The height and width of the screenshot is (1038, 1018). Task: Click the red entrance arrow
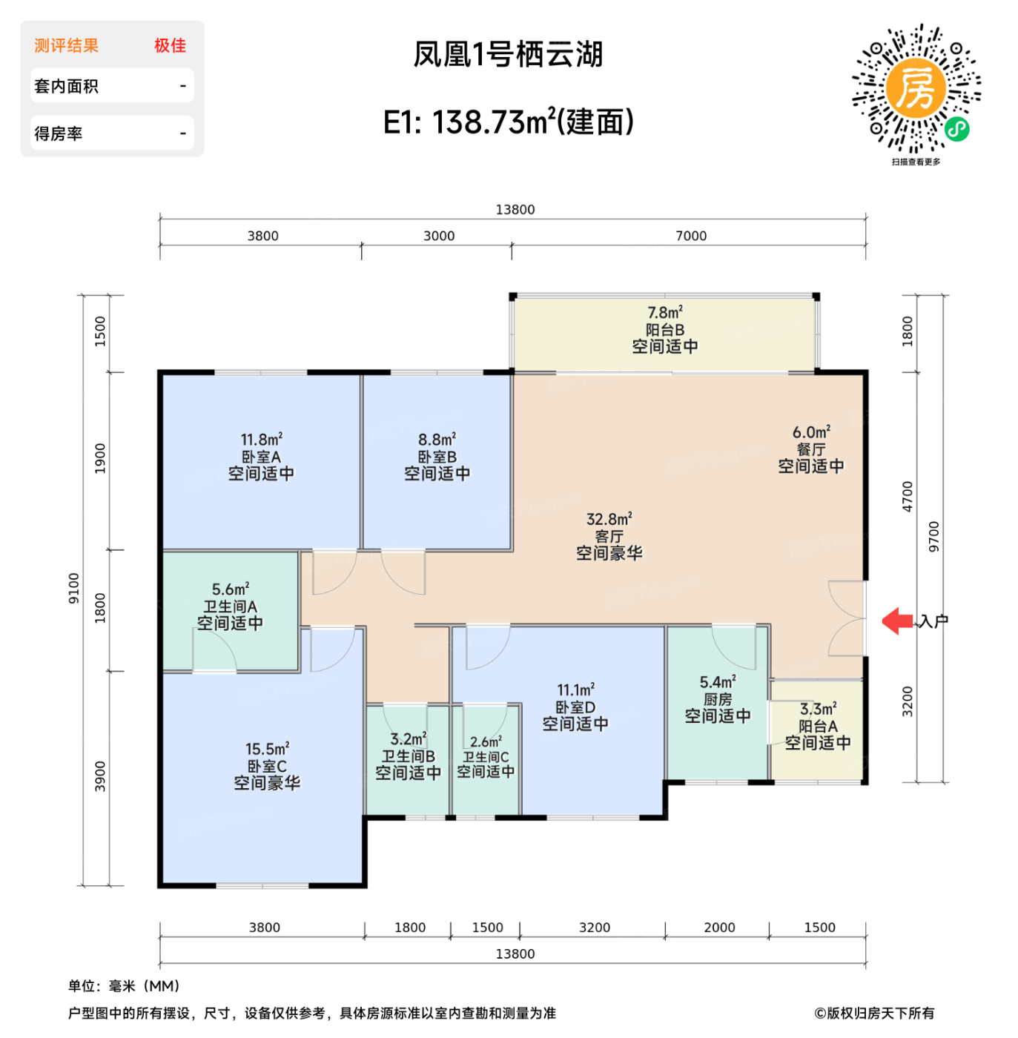(898, 621)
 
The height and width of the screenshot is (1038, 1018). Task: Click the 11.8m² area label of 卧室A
(261, 440)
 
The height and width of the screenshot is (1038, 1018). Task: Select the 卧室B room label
(437, 457)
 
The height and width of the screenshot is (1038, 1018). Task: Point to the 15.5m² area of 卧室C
(267, 749)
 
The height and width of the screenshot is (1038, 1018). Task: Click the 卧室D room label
(575, 707)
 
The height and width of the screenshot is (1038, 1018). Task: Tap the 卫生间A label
(230, 606)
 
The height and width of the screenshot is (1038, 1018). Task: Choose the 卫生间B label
(408, 756)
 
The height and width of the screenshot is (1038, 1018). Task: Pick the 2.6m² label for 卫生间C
(486, 741)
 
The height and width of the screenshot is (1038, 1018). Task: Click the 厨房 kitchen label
(717, 699)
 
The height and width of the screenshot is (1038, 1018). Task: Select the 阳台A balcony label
(818, 726)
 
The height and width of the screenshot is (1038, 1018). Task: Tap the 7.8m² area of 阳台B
(664, 313)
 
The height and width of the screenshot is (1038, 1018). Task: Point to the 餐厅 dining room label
(810, 449)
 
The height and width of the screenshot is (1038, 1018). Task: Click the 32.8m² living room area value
(609, 519)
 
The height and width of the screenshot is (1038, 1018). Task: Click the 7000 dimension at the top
(690, 236)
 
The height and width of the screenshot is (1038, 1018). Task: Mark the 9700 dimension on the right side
(933, 536)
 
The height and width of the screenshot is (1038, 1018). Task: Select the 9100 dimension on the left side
(73, 588)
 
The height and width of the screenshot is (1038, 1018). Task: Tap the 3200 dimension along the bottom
(594, 928)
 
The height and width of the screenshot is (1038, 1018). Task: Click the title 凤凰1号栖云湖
(508, 54)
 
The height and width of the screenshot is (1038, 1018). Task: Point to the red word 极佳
(170, 45)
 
